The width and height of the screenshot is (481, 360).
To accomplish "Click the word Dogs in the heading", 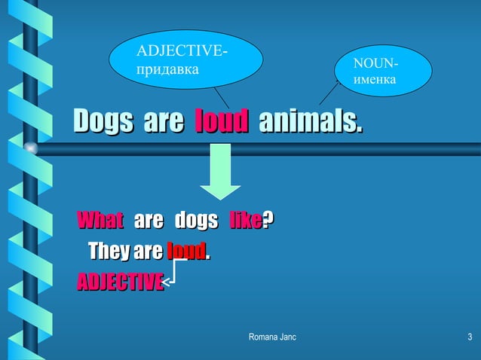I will click(x=102, y=121).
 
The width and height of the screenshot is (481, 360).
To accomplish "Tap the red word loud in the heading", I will click(x=222, y=121).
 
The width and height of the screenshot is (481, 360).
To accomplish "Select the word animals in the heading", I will click(x=310, y=121).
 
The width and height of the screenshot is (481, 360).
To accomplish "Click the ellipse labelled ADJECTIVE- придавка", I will click(x=185, y=59).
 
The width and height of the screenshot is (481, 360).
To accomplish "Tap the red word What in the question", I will click(x=101, y=221).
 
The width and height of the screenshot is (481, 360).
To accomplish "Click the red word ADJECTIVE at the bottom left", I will click(x=120, y=282).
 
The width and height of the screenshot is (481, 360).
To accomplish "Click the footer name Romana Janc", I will click(x=272, y=336).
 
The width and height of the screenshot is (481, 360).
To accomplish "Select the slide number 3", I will click(x=469, y=336).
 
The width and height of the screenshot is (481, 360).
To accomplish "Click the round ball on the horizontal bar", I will click(x=31, y=148).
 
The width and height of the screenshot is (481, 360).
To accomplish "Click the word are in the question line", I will click(x=148, y=221).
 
